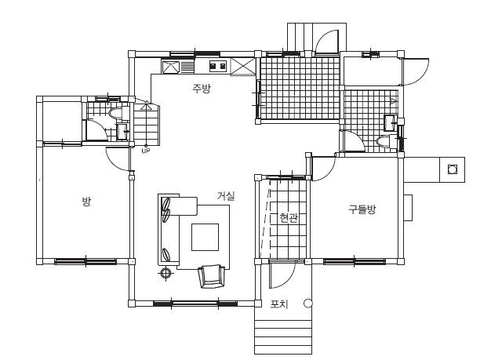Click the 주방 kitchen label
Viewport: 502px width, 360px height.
click(202, 88)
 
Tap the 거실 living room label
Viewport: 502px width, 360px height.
click(226, 196)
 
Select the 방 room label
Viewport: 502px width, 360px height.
click(86, 202)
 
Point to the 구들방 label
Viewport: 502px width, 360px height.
click(362, 209)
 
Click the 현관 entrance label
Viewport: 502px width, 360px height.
click(289, 218)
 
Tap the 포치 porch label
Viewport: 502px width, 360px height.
click(279, 304)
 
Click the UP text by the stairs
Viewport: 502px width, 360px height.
click(146, 151)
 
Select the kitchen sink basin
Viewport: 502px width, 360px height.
click(171, 67)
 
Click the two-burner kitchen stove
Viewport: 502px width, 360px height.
click(218, 66)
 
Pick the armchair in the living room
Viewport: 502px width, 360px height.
click(211, 276)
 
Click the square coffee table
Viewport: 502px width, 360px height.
click(206, 237)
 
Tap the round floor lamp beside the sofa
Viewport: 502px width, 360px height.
click(166, 273)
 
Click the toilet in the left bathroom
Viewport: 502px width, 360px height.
click(115, 114)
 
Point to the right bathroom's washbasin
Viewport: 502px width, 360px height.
click(390, 122)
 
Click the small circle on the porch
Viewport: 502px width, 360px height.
click(307, 303)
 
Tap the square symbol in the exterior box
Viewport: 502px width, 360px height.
click(452, 169)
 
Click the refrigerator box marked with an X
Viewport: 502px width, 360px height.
click(243, 67)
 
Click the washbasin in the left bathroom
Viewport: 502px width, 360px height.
click(122, 133)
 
